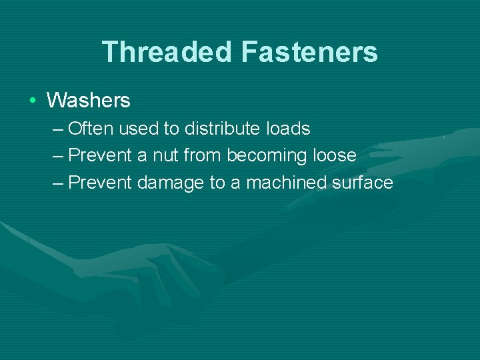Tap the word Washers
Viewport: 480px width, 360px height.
point(88,101)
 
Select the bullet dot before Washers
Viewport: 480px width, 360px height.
point(32,101)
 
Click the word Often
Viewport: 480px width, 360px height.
point(91,128)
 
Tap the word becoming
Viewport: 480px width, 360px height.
point(267,156)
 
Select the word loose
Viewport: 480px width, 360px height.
point(334,155)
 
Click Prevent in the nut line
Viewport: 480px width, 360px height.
point(100,155)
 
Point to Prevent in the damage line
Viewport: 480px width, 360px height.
point(100,183)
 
